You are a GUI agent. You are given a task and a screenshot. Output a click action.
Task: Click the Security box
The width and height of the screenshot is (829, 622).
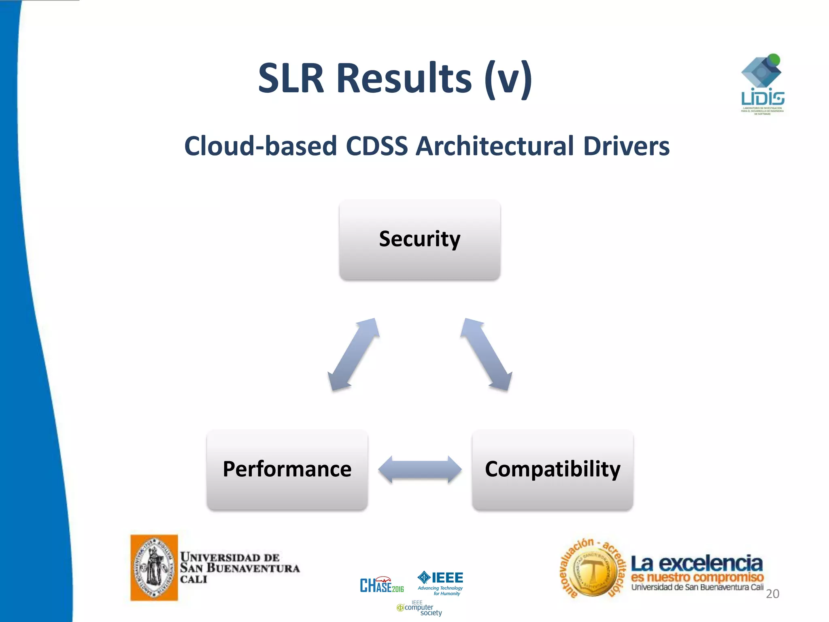(420, 239)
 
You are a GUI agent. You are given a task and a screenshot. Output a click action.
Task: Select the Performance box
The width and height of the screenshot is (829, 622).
(287, 469)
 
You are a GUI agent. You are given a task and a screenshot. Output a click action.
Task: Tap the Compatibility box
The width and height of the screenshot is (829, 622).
(553, 469)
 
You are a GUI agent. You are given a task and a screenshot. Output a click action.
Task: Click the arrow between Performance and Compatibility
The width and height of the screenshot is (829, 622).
(420, 469)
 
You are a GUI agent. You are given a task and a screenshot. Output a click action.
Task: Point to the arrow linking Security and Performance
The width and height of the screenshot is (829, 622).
(353, 354)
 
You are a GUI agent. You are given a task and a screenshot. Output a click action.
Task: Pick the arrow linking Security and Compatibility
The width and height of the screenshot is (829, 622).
(486, 354)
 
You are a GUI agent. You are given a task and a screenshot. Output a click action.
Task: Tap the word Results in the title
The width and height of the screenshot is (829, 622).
(404, 78)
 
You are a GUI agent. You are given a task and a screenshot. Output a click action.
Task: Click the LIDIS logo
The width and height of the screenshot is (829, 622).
(762, 85)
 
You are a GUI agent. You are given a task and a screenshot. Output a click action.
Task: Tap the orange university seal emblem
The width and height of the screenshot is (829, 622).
(154, 567)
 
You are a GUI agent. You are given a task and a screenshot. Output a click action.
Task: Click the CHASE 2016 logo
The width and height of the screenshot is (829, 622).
(382, 585)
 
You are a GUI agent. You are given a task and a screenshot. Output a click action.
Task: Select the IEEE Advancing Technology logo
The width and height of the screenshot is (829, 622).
(440, 582)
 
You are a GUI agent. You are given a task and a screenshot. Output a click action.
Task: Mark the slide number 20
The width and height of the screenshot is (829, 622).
(772, 594)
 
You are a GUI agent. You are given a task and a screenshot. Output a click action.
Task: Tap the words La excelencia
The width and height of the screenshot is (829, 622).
(697, 563)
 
